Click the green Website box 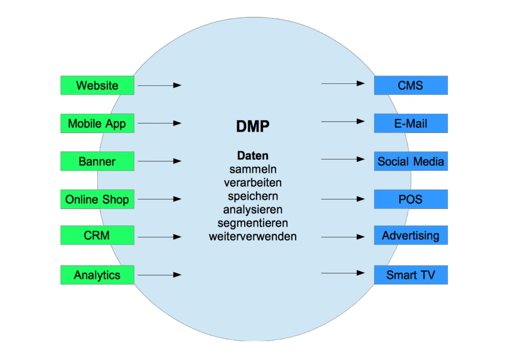point(97,85)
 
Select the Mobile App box point(97,123)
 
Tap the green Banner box point(97,161)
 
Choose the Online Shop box point(97,199)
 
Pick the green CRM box point(97,235)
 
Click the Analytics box point(97,275)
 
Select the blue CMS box point(411,85)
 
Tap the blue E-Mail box point(411,123)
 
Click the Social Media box point(411,161)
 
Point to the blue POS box point(411,199)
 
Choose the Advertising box point(411,235)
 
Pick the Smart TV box point(411,275)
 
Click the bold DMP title point(253,127)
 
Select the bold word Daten point(253,155)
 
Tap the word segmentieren point(253,223)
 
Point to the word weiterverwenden point(253,236)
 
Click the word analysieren point(253,210)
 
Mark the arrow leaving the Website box point(159,85)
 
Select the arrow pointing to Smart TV point(343,273)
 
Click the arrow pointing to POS point(343,199)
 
